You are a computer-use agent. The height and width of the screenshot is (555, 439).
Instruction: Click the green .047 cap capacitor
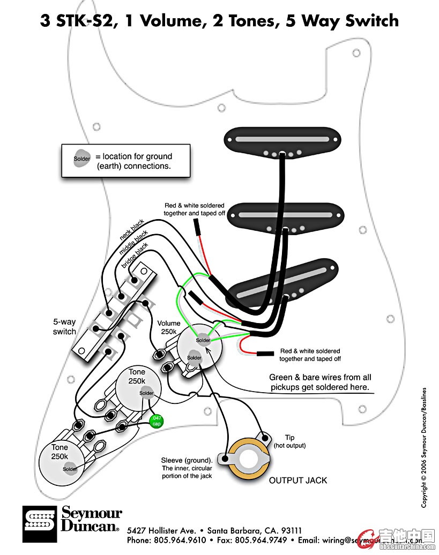[x=157, y=421]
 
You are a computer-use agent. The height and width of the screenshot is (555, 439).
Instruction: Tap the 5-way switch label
[x=64, y=327]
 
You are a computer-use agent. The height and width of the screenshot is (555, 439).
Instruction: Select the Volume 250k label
[x=169, y=327]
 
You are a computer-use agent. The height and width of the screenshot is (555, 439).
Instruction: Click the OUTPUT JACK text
[x=298, y=480]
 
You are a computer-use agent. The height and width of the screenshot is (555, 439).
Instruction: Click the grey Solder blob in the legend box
[x=82, y=159]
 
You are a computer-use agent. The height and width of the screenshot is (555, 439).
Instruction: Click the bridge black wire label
[x=135, y=255]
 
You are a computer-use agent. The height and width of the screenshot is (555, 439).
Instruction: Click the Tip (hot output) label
[x=289, y=441]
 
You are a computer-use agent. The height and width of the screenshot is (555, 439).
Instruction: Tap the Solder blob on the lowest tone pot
[x=70, y=469]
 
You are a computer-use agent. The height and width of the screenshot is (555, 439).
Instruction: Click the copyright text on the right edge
[x=424, y=447]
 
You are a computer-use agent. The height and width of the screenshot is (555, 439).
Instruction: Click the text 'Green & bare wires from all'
[x=320, y=377]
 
